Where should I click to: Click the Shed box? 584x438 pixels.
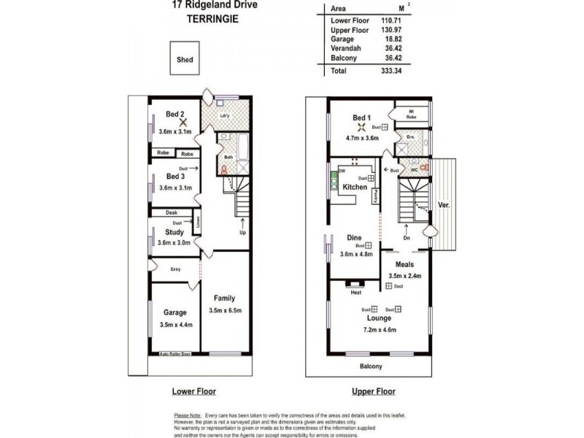tap(185, 61)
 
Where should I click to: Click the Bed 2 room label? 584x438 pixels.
tap(174, 114)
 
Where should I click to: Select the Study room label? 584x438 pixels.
tap(174, 232)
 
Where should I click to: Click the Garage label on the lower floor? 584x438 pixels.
tap(174, 312)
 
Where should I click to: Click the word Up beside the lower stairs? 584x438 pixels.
tap(242, 233)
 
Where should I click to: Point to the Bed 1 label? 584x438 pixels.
tap(362, 118)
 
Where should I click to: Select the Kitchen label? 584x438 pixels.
tap(355, 187)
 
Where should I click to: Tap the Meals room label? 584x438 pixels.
tap(404, 264)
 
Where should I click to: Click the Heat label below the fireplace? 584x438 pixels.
tap(356, 292)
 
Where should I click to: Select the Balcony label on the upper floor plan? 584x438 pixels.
tap(371, 366)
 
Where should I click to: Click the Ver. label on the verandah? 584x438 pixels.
tap(443, 205)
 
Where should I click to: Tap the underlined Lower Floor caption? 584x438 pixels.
tap(193, 391)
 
